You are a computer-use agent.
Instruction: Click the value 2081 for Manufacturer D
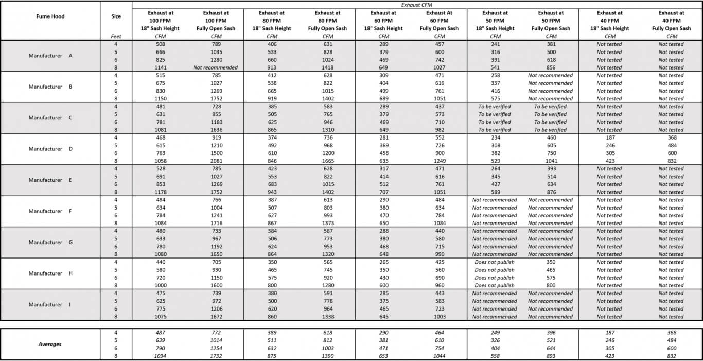pos(216,161)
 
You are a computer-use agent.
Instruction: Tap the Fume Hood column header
pos(50,16)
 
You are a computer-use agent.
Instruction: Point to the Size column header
pos(116,16)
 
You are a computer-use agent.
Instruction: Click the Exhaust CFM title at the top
pos(417,5)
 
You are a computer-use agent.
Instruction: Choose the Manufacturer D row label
pos(50,149)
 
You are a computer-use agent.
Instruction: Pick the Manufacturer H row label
pos(50,273)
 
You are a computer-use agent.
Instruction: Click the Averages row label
pos(50,344)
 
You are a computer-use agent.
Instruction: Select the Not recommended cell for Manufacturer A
pos(216,67)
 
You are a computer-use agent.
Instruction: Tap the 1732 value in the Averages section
pos(216,356)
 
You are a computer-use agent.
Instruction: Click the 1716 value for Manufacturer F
pos(216,223)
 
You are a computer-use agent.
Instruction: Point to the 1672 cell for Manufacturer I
pos(216,317)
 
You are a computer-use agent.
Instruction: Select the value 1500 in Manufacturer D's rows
pos(216,153)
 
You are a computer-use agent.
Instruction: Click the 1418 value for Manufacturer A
pos(328,67)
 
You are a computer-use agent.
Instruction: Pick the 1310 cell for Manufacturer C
pos(328,130)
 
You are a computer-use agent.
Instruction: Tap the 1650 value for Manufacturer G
pos(216,254)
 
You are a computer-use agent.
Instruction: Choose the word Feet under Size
pos(116,36)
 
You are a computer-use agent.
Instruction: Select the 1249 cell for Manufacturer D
pos(440,161)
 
